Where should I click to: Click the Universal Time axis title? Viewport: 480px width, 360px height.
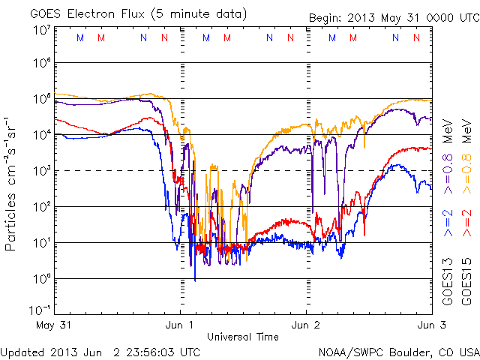pos(243,336)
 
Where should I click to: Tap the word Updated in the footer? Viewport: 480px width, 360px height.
pos(22,351)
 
